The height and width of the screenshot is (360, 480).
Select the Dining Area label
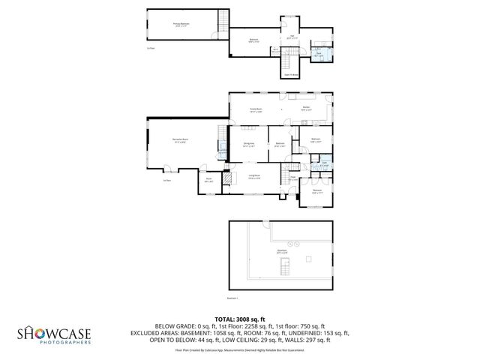[x=248, y=145]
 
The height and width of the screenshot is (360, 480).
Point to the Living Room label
[x=255, y=177]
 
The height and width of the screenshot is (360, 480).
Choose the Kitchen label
[x=307, y=109]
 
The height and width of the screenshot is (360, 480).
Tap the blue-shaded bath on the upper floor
[x=319, y=54]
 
